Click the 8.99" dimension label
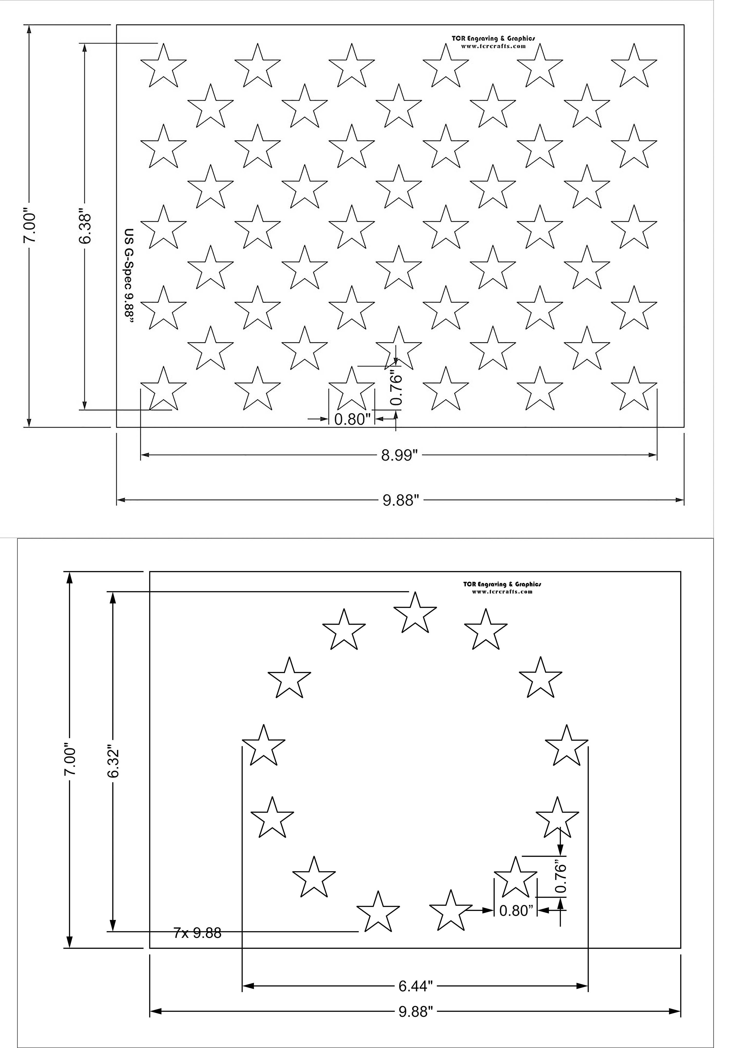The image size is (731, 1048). coord(399,455)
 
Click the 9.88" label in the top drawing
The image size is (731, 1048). coord(400,500)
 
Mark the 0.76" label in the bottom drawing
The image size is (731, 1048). coord(561,877)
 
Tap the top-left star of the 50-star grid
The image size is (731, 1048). coord(163,67)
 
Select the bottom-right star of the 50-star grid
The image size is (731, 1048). coord(634,389)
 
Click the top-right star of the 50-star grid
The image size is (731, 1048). coord(634,67)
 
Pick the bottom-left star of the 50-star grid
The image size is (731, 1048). coord(163,389)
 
